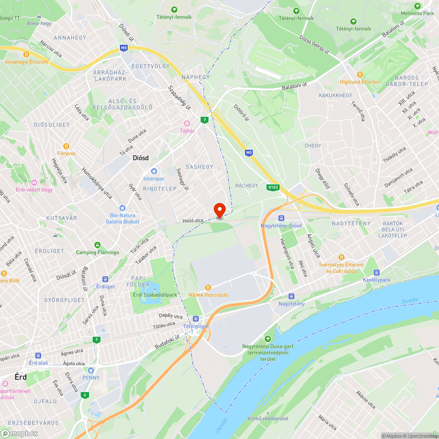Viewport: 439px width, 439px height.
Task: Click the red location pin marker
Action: [x=219, y=209]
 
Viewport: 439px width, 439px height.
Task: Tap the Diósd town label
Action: [x=140, y=159]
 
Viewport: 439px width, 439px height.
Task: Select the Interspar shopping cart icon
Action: [x=154, y=171]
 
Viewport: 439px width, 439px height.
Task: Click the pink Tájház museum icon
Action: [x=187, y=123]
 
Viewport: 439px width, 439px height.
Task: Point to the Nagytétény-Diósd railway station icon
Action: [x=281, y=218]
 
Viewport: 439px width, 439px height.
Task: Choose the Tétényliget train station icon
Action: [x=195, y=319]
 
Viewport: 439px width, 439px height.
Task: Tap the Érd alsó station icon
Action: [x=38, y=355]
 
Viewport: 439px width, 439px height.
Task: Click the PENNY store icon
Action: [x=91, y=370]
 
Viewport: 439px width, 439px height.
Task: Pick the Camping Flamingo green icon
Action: [x=97, y=245]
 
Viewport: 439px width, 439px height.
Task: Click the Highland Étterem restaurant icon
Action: [x=360, y=75]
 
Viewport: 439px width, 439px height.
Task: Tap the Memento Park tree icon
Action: [x=417, y=6]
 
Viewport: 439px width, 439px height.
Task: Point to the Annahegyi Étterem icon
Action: [x=26, y=54]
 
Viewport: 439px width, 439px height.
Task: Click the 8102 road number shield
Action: [x=273, y=187]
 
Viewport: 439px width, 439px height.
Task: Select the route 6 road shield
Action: [x=84, y=395]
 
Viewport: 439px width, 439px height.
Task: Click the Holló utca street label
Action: [x=193, y=220]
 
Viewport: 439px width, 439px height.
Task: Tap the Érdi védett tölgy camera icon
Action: [x=34, y=182]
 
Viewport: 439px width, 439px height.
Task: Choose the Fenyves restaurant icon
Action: [x=66, y=146]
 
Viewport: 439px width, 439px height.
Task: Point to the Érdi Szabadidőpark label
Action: [x=155, y=295]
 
